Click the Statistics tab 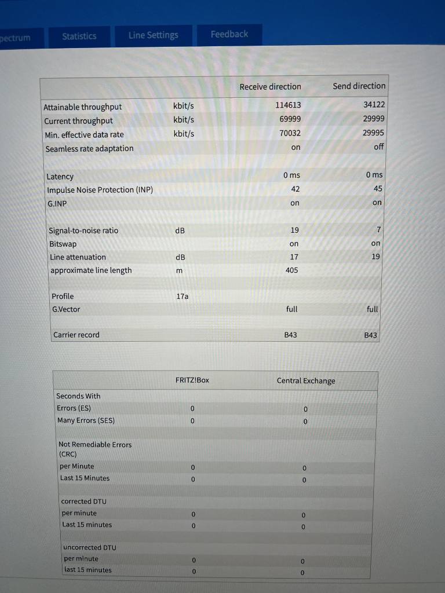(79, 36)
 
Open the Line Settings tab (154, 35)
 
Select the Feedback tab (229, 34)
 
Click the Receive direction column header (270, 86)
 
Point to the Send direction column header (359, 86)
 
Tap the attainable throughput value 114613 (288, 105)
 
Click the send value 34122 (374, 104)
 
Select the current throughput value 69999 (289, 119)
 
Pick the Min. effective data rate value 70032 (289, 133)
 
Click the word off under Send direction (379, 147)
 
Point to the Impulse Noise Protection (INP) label (99, 190)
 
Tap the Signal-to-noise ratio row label (83, 230)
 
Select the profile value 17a (182, 296)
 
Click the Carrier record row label (76, 335)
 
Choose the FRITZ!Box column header (192, 380)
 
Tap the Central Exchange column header (306, 380)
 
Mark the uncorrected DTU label (90, 547)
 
